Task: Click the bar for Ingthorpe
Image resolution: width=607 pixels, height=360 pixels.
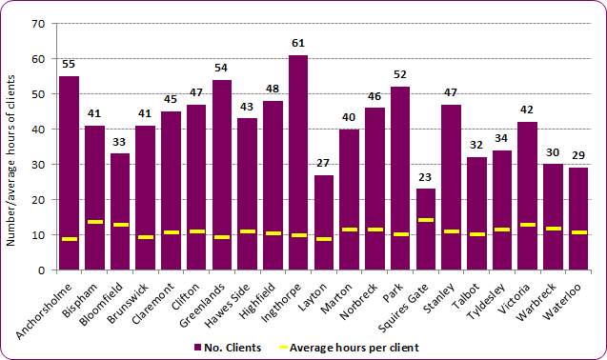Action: pyautogui.click(x=298, y=162)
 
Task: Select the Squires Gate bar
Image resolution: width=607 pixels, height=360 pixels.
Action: pyautogui.click(x=425, y=229)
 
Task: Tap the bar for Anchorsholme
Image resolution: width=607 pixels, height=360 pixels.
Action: pyautogui.click(x=70, y=172)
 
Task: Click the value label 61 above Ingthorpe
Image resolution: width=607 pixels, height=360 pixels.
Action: pyautogui.click(x=298, y=44)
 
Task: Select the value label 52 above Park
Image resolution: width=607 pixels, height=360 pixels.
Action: pyautogui.click(x=400, y=75)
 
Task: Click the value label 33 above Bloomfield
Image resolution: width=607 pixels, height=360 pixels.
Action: pyautogui.click(x=120, y=142)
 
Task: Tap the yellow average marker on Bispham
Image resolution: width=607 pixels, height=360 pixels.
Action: pyautogui.click(x=94, y=222)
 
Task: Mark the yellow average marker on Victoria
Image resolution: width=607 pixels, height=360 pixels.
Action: pyautogui.click(x=527, y=225)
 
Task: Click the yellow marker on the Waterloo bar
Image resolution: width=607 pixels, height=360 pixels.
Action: pyautogui.click(x=577, y=232)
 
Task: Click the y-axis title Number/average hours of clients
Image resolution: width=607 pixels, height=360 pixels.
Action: pyautogui.click(x=11, y=148)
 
